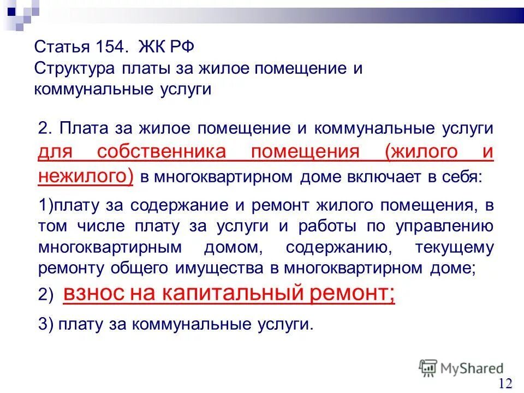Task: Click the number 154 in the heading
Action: click(112, 46)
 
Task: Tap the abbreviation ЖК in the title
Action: click(150, 46)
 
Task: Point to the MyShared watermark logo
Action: click(462, 368)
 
